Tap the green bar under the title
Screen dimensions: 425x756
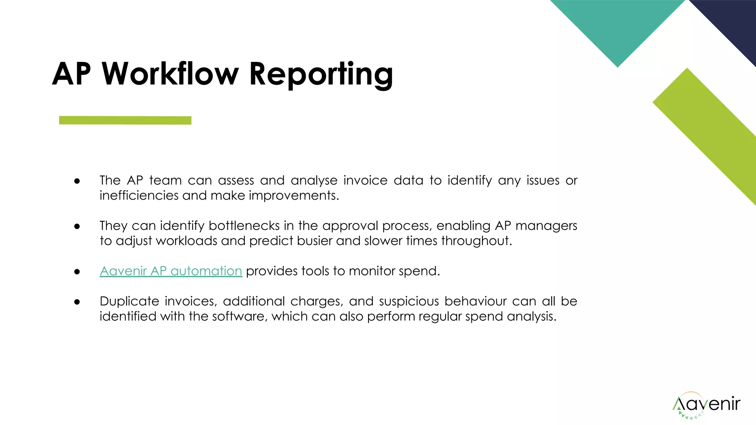[125, 120]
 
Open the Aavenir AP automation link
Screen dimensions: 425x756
[171, 271]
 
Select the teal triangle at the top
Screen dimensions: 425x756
[617, 26]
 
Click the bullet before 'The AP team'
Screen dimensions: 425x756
[77, 181]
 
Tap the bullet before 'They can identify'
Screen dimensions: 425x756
[77, 226]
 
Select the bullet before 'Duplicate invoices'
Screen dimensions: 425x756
[77, 302]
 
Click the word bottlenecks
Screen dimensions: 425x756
[244, 226]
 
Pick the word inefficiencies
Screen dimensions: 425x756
[139, 196]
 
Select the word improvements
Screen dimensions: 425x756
[293, 196]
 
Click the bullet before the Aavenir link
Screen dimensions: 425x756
[77, 272]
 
